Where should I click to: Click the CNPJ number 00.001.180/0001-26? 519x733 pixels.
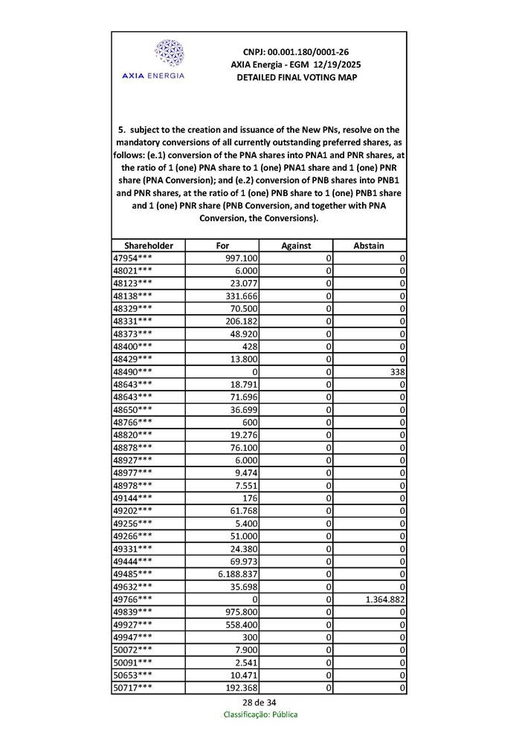click(x=296, y=52)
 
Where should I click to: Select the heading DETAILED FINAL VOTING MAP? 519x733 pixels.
click(x=296, y=77)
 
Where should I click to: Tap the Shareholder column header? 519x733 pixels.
click(x=149, y=245)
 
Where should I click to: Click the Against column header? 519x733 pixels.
click(x=296, y=245)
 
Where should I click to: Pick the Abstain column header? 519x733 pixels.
click(x=370, y=245)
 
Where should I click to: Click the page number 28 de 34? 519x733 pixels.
click(x=259, y=702)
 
